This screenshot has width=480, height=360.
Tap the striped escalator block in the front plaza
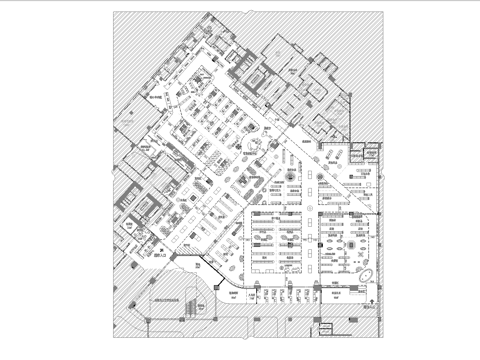[x=187, y=307]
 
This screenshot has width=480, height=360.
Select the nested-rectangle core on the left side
[x=141, y=204]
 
